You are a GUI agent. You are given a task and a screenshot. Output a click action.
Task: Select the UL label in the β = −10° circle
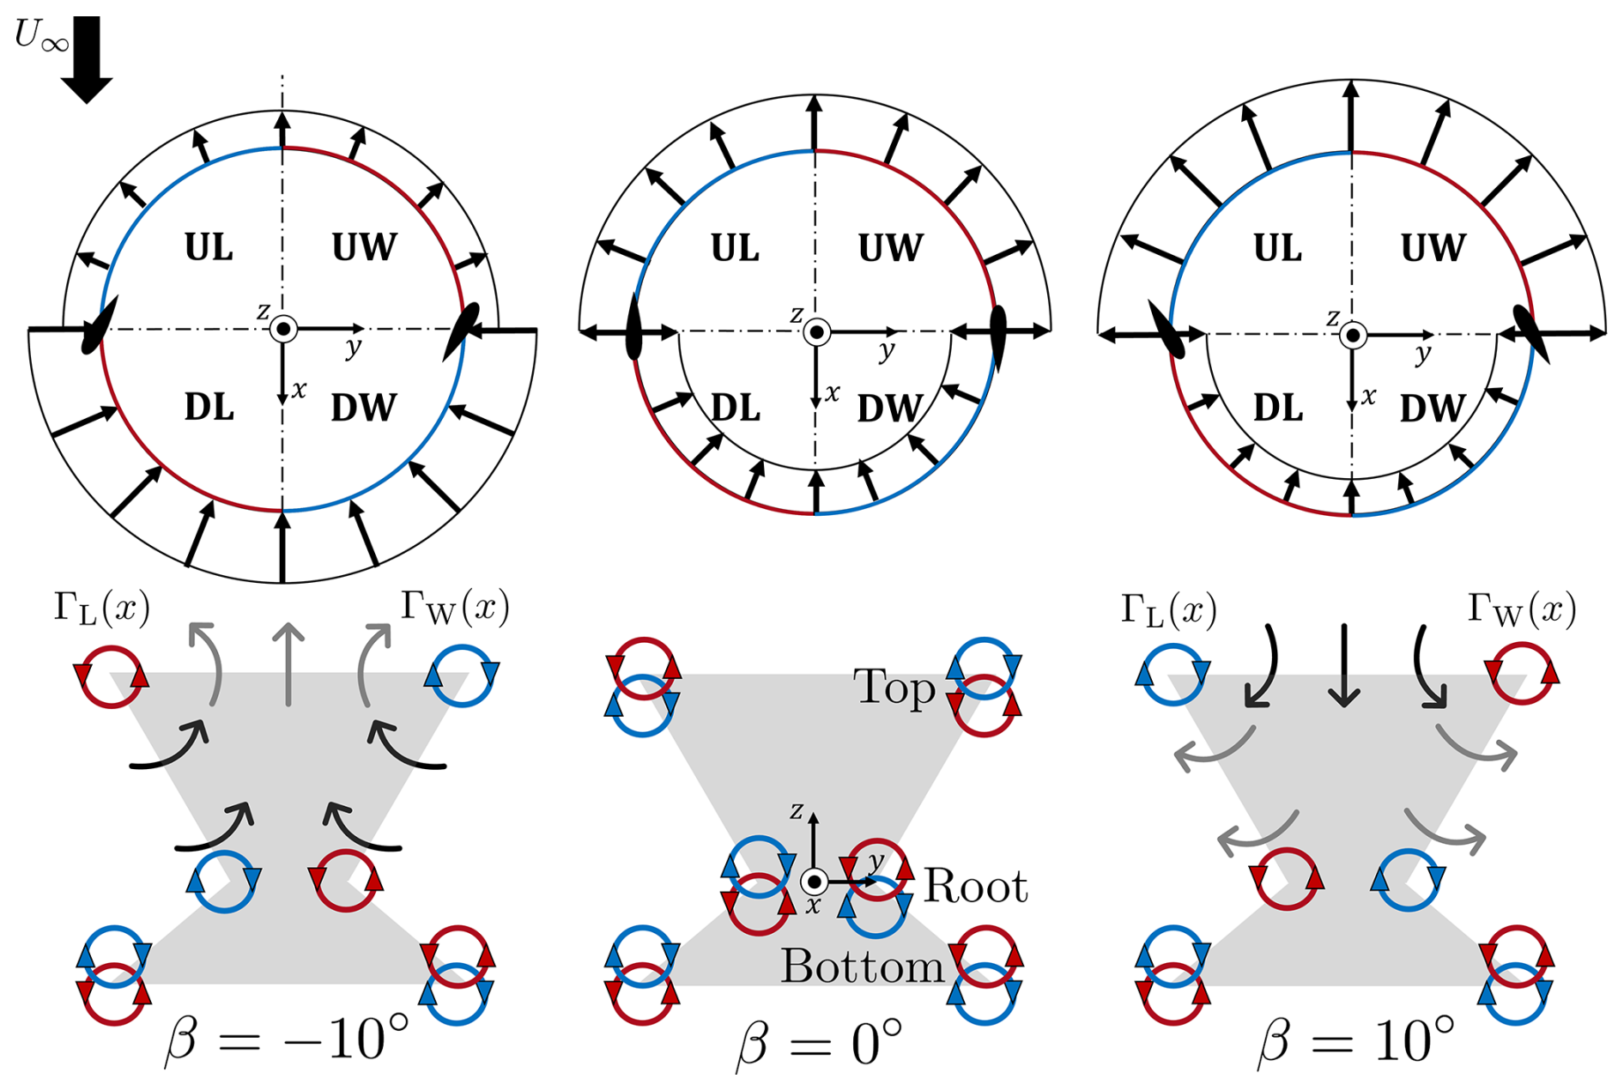(x=209, y=248)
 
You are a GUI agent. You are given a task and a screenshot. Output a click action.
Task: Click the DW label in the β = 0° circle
(x=890, y=409)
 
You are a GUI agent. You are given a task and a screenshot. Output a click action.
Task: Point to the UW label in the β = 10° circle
(x=1433, y=248)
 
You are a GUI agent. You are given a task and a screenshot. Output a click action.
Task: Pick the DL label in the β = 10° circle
(x=1278, y=409)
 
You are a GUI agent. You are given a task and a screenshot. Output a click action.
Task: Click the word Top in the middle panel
(x=894, y=688)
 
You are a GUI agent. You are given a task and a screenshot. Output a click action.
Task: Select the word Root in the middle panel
(x=975, y=886)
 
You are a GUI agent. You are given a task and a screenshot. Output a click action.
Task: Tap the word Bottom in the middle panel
(x=862, y=967)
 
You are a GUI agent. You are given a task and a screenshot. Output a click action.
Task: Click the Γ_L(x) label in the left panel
(x=101, y=608)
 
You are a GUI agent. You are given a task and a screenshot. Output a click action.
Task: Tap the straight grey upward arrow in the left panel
(x=288, y=664)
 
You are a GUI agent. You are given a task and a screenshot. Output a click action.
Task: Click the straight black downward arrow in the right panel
(x=1344, y=665)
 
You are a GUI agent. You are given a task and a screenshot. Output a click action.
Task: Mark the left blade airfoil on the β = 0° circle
(x=633, y=327)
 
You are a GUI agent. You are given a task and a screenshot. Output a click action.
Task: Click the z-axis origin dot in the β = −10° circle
(x=282, y=329)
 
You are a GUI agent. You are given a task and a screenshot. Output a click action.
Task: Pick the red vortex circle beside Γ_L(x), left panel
(x=112, y=676)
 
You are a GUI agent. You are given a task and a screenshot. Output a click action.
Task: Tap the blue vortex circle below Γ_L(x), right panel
(x=1173, y=673)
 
